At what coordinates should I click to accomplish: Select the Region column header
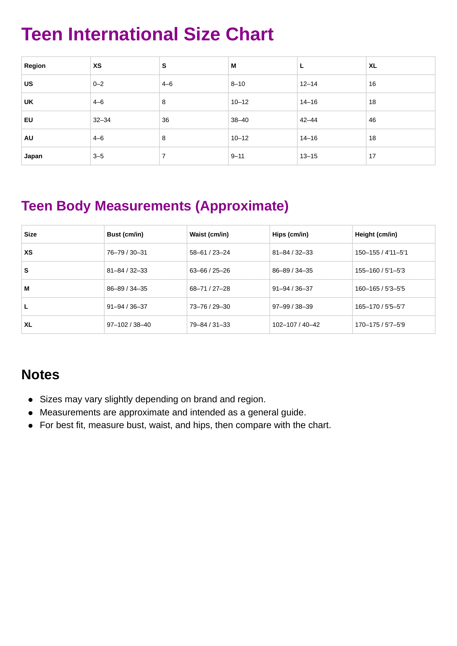click(x=35, y=66)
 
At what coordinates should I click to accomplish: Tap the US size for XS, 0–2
click(x=98, y=84)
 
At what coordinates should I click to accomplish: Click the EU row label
click(x=28, y=120)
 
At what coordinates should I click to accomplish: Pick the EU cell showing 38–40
click(x=239, y=120)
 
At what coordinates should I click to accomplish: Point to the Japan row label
click(x=33, y=156)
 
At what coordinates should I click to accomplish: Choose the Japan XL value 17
click(x=372, y=156)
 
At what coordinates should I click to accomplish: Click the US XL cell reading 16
click(x=372, y=84)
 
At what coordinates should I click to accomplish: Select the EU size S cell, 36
click(x=165, y=120)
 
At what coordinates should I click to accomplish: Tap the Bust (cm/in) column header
click(x=125, y=234)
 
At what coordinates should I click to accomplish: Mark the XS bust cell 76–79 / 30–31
click(x=127, y=252)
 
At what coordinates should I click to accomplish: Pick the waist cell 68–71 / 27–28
click(x=210, y=289)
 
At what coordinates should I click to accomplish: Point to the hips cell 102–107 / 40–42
click(x=296, y=325)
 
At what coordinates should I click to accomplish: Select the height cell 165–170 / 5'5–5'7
click(x=380, y=307)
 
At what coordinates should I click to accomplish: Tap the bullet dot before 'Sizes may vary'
click(x=30, y=400)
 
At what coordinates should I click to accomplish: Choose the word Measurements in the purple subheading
click(x=143, y=206)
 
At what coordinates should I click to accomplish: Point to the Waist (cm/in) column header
click(x=209, y=234)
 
